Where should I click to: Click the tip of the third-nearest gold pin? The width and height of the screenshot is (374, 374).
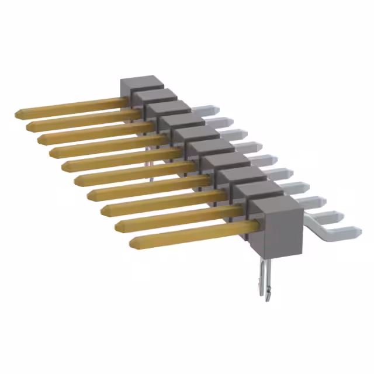click(103, 209)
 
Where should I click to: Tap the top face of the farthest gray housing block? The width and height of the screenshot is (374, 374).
click(141, 81)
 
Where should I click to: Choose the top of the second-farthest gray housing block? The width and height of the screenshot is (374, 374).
click(154, 94)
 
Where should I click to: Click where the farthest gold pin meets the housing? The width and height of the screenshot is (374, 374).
click(124, 102)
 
